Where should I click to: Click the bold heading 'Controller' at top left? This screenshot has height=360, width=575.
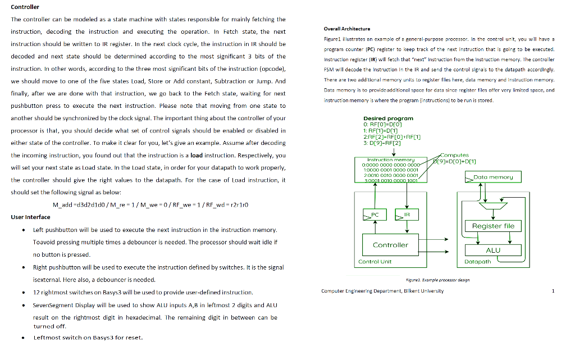pos(25,7)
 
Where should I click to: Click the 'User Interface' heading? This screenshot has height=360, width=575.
pos(30,217)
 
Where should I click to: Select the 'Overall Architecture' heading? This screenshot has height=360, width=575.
pos(346,29)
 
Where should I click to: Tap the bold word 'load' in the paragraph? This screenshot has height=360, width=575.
pos(197,155)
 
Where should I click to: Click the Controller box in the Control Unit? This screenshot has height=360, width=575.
pos(390,245)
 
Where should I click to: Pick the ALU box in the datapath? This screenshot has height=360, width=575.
pos(492,250)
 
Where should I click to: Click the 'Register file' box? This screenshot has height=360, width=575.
pos(493,226)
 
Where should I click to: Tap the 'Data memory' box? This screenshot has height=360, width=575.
pos(493,177)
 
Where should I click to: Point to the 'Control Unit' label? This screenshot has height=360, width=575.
pos(375,262)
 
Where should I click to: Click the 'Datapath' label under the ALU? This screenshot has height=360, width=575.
pos(478,262)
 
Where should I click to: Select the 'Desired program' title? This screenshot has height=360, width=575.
pos(388,118)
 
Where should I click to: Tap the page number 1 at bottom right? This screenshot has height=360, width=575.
pos(553,291)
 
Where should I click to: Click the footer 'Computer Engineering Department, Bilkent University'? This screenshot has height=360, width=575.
pos(382,291)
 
